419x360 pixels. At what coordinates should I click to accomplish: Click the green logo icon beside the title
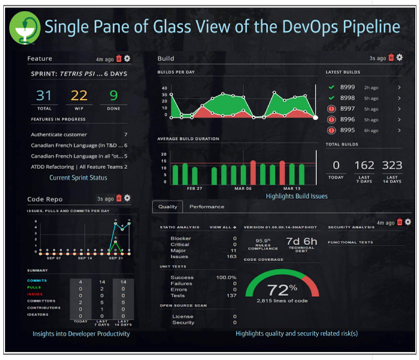tap(24, 28)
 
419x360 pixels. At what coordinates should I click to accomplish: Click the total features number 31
tap(44, 96)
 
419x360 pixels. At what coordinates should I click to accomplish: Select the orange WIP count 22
tap(80, 96)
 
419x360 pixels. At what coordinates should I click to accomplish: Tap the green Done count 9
tap(113, 96)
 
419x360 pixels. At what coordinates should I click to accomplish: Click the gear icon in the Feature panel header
tap(127, 59)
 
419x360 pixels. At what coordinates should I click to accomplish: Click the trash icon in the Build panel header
tap(391, 58)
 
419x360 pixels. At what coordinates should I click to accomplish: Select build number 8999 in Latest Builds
tap(348, 87)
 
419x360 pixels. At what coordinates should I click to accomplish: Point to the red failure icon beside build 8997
tap(331, 109)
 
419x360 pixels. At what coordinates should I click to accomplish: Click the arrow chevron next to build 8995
tap(399, 130)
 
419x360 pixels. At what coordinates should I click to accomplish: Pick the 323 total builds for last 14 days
tap(392, 166)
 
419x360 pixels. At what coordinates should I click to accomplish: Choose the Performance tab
tap(207, 207)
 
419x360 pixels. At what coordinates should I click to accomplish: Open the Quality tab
tap(167, 207)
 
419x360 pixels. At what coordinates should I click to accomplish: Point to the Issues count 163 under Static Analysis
tap(230, 256)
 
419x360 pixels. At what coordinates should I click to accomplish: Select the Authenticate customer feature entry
tap(59, 135)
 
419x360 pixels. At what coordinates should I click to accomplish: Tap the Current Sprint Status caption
tap(79, 178)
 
